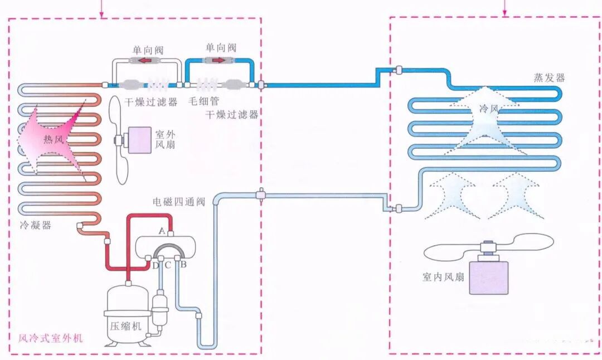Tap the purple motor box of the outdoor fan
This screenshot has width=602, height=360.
coord(140,140)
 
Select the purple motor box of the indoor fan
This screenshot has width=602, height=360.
coord(488,276)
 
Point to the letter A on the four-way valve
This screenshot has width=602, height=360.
coord(162,230)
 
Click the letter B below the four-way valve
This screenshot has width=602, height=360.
coord(183,265)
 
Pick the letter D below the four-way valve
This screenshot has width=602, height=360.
coord(155,265)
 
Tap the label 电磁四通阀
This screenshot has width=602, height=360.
coord(179,202)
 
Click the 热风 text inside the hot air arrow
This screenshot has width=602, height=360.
coord(54,139)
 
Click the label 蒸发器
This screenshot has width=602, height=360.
coord(548,77)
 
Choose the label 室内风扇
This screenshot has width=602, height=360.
coord(443,277)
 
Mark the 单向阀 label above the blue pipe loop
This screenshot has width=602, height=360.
coord(220,47)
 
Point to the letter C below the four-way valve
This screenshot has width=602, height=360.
coord(167,265)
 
